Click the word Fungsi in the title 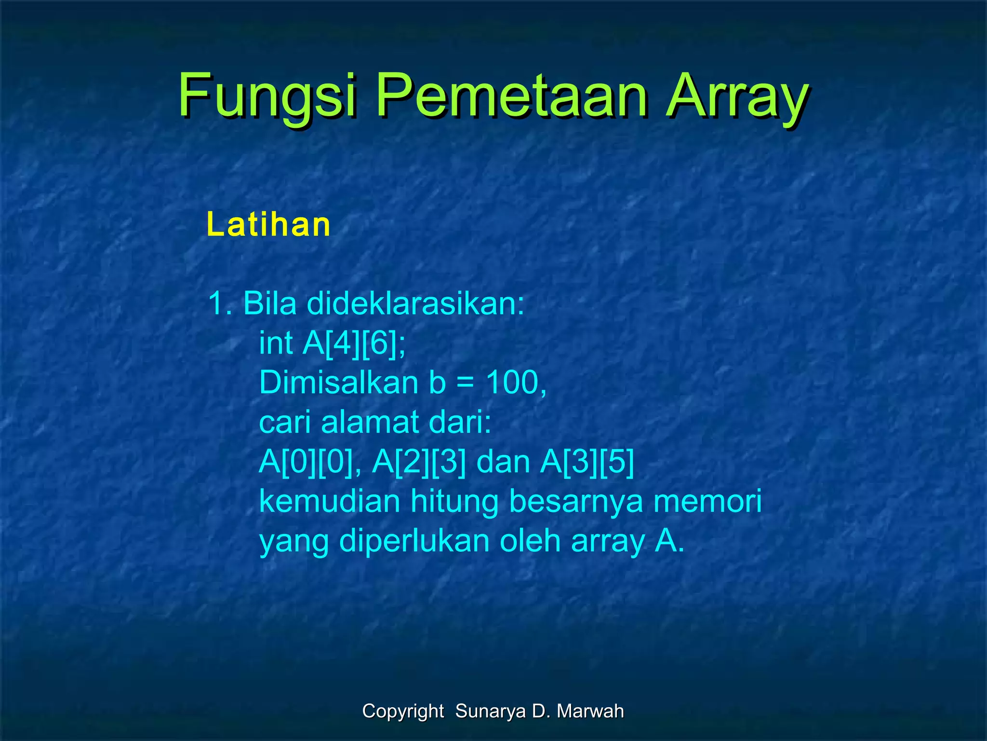pos(267,96)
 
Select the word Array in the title pos(737,96)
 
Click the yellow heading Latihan pos(268,225)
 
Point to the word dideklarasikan pos(415,304)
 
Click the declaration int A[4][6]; pos(333,343)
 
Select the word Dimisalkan pos(338,383)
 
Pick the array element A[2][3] pos(419,462)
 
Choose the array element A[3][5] pos(587,462)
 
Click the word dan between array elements pos(503,462)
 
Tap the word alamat pos(370,423)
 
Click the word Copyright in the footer pos(403,711)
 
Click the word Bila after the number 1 pos(270,304)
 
